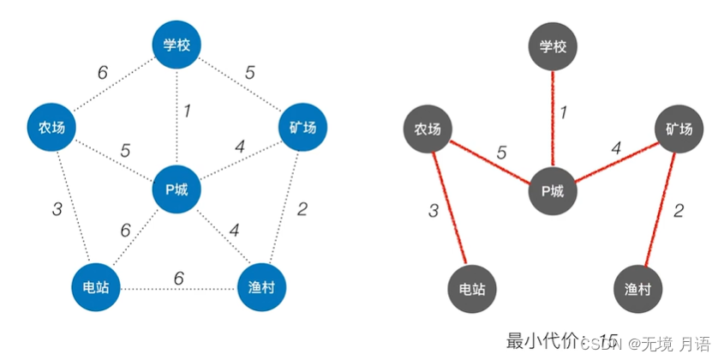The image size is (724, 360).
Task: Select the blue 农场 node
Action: (51, 128)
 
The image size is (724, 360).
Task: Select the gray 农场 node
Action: (428, 129)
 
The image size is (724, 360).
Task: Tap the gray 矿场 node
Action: (679, 129)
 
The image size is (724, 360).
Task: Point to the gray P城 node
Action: (553, 189)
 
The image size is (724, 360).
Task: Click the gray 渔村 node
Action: (638, 288)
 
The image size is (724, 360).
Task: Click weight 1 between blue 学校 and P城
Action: (186, 111)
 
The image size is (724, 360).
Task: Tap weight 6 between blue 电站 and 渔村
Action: (178, 278)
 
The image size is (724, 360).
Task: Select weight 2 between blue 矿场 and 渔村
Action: (302, 208)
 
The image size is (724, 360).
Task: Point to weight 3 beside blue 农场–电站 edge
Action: (57, 209)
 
